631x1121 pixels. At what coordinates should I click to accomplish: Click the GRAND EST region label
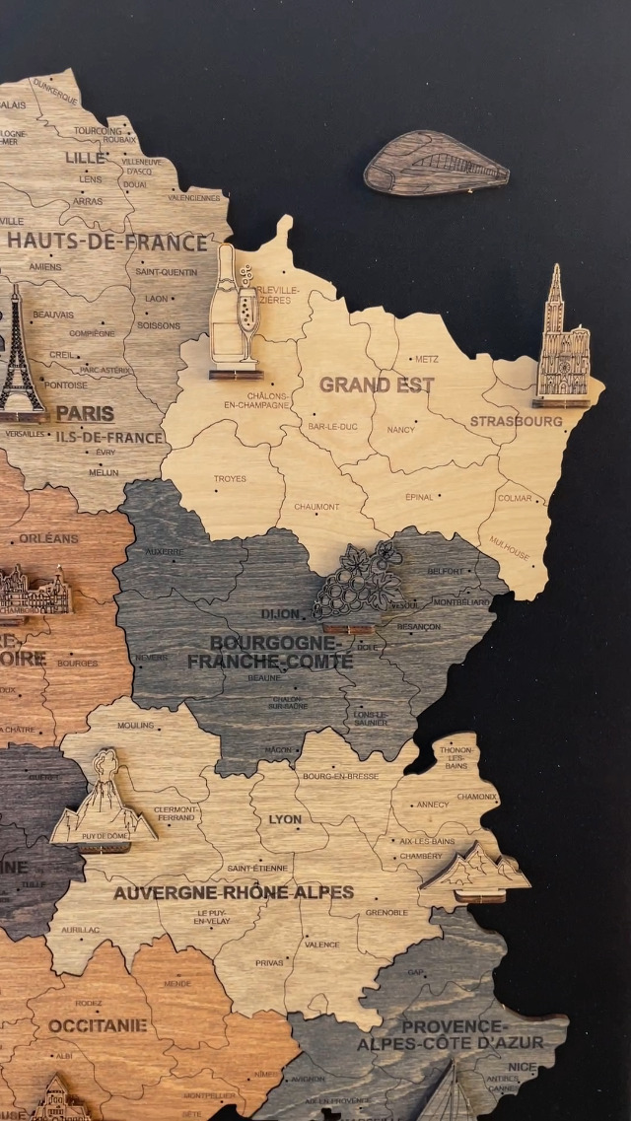(376, 385)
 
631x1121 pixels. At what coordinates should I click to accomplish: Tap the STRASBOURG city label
(516, 421)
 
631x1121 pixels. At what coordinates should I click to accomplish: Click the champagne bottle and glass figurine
(236, 314)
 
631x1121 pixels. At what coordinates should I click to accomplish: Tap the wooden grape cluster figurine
(358, 585)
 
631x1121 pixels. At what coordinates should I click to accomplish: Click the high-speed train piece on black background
(436, 164)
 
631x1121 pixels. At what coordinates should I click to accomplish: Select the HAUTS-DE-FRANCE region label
(107, 242)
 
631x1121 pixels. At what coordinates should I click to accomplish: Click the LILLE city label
(85, 158)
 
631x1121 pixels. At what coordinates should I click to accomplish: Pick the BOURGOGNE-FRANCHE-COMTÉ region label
(270, 652)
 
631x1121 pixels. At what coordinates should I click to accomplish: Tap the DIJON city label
(281, 613)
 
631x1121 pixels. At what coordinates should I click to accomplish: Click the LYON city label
(285, 819)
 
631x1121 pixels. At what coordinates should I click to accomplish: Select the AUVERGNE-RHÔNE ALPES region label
(233, 892)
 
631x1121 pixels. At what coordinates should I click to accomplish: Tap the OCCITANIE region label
(98, 1025)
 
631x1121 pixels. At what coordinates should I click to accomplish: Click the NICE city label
(523, 1067)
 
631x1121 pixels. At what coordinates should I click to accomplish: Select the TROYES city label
(230, 479)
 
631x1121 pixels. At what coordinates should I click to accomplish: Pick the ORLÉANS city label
(48, 538)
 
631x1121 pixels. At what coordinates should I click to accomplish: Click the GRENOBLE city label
(386, 913)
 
